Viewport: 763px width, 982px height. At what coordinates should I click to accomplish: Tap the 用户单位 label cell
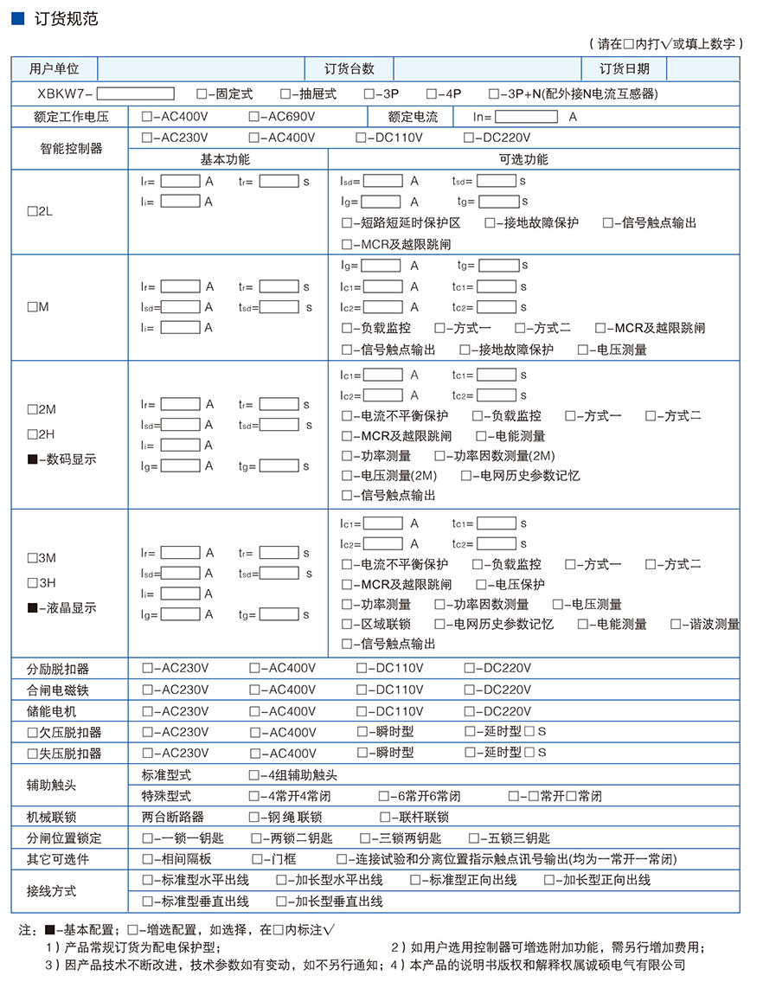54,69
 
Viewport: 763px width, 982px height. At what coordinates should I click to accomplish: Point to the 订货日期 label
625,69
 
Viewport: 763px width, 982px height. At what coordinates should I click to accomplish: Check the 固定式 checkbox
202,93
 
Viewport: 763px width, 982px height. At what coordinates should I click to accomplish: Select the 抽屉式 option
285,93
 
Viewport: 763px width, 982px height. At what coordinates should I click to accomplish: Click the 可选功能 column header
523,159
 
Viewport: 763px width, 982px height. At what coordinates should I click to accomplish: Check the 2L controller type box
32,211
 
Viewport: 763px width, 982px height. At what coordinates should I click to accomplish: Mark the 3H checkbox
32,583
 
